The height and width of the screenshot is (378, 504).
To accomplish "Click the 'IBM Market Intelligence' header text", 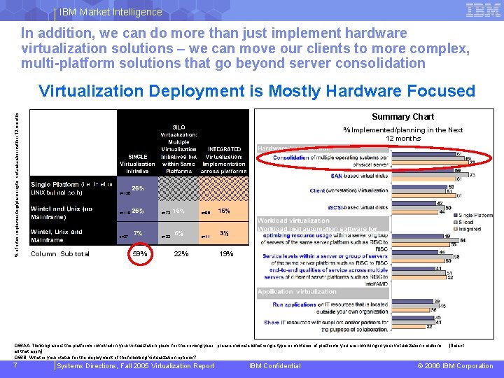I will pyautogui.click(x=111, y=12).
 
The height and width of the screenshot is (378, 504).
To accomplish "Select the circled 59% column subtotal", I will pyautogui.click(x=140, y=253).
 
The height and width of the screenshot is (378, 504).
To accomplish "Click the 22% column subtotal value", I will pyautogui.click(x=181, y=253).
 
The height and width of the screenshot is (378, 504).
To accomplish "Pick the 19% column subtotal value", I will pyautogui.click(x=225, y=253).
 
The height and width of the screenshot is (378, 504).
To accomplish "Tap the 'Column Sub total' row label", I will pyautogui.click(x=60, y=253).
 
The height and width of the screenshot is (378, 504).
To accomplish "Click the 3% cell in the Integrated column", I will pyautogui.click(x=225, y=233).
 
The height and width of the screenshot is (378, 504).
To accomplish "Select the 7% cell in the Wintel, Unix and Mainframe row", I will pyautogui.click(x=139, y=233).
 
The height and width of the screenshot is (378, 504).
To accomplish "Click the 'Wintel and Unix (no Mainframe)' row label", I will pyautogui.click(x=62, y=212).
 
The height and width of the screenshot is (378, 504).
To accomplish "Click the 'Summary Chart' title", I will pyautogui.click(x=402, y=117).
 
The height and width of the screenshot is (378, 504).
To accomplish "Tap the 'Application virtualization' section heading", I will pyautogui.click(x=297, y=292).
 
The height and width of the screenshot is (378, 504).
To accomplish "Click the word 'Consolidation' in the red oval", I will pyautogui.click(x=290, y=157).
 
